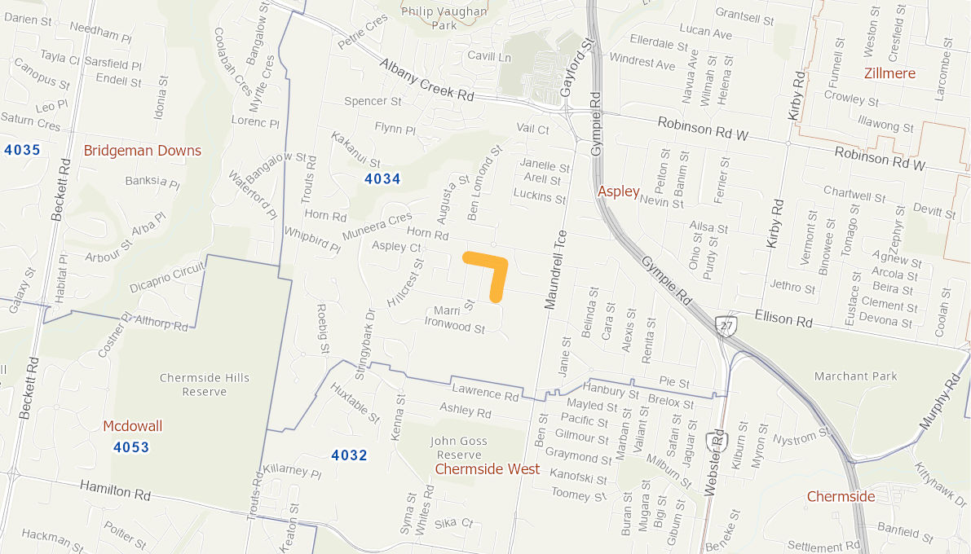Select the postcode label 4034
tap(382, 179)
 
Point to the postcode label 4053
tap(131, 446)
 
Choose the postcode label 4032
tap(349, 455)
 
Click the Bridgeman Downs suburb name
tap(142, 151)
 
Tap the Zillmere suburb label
tap(889, 73)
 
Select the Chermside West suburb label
tap(487, 469)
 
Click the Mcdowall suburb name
tap(132, 426)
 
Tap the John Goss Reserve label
tap(458, 448)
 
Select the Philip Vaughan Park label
tap(444, 18)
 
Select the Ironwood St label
tap(454, 328)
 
